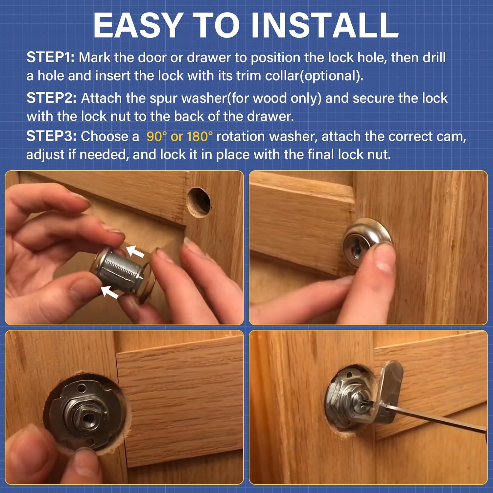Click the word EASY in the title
(138, 26)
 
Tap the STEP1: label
(51, 58)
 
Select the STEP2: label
(52, 98)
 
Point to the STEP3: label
(52, 136)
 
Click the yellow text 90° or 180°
(179, 136)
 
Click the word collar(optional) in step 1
(314, 76)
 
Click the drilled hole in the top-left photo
(199, 202)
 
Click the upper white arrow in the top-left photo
(135, 251)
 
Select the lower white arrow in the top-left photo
(109, 292)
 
